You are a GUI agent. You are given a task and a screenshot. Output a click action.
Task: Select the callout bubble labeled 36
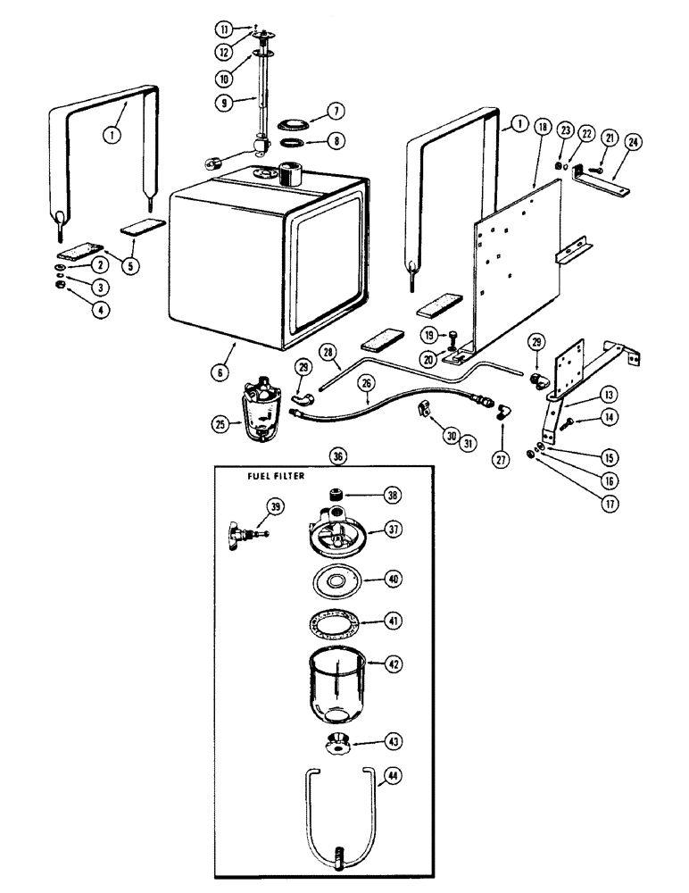coord(338,455)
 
